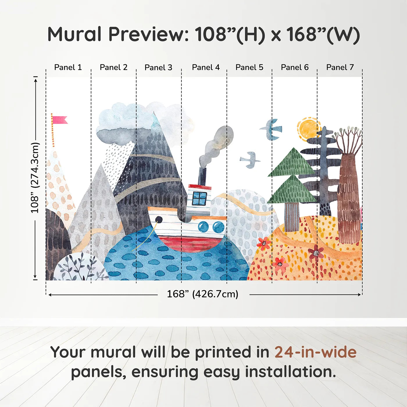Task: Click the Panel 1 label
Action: tap(68, 67)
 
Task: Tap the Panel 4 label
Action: tap(206, 67)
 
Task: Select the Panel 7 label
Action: tap(340, 67)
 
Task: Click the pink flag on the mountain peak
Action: tap(60, 120)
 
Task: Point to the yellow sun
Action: tap(308, 129)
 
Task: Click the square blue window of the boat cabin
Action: tap(199, 198)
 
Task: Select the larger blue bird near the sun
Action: tap(272, 129)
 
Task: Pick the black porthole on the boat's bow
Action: tap(159, 219)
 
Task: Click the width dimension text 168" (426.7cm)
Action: tap(202, 294)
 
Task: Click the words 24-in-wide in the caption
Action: tap(315, 352)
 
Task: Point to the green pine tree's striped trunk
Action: tap(292, 217)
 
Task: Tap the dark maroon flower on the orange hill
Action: tap(316, 252)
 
